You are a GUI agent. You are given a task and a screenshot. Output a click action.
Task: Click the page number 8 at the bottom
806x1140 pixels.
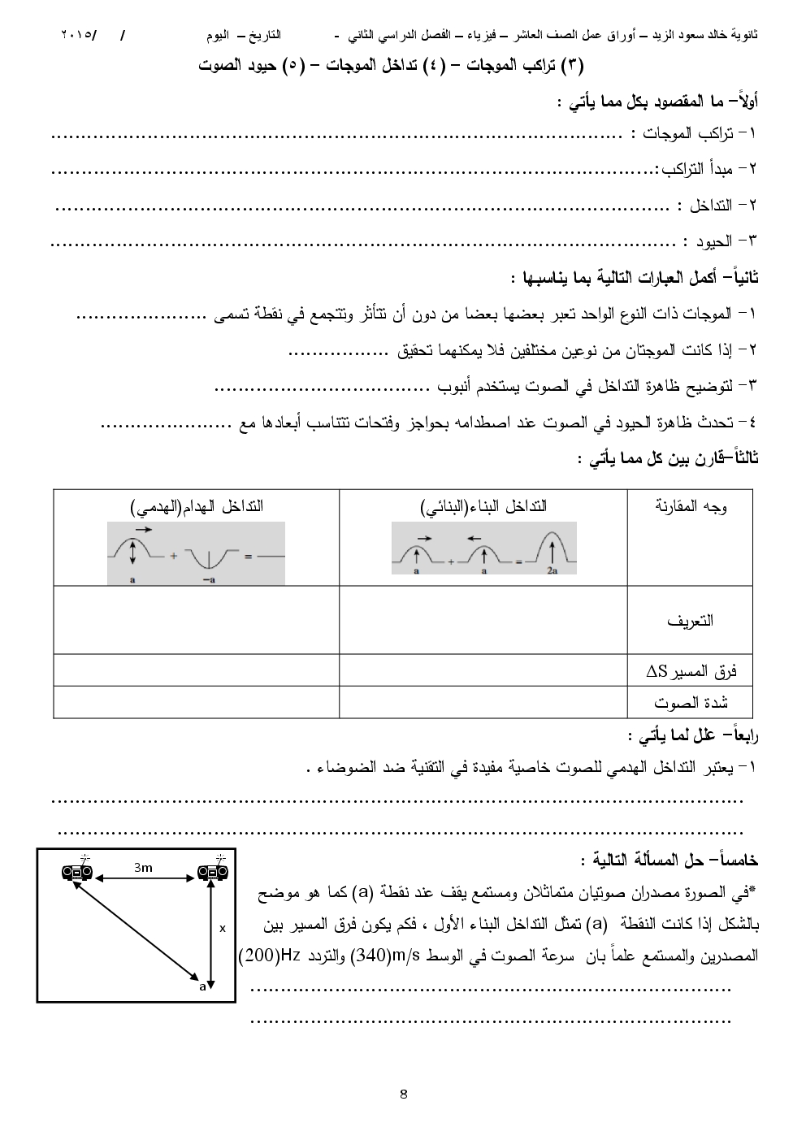click(404, 1093)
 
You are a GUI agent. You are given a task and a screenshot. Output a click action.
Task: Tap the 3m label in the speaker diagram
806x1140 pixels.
click(143, 868)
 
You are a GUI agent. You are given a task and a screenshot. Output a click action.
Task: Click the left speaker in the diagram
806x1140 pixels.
click(78, 873)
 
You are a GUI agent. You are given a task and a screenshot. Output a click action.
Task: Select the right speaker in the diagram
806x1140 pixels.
click(213, 873)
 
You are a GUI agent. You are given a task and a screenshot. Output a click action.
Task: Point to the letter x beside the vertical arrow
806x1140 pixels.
click(223, 927)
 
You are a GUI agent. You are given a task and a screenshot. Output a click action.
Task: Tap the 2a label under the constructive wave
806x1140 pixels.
click(552, 571)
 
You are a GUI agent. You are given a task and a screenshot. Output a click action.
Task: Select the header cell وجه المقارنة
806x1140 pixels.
click(691, 507)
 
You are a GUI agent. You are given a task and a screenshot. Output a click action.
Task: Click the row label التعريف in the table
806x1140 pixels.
click(690, 621)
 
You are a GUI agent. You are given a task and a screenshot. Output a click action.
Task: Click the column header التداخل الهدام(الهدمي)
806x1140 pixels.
click(197, 507)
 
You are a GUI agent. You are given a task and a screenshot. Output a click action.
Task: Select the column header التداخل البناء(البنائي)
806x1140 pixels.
click(483, 507)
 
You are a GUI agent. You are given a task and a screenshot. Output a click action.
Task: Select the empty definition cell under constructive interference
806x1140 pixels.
click(483, 620)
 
